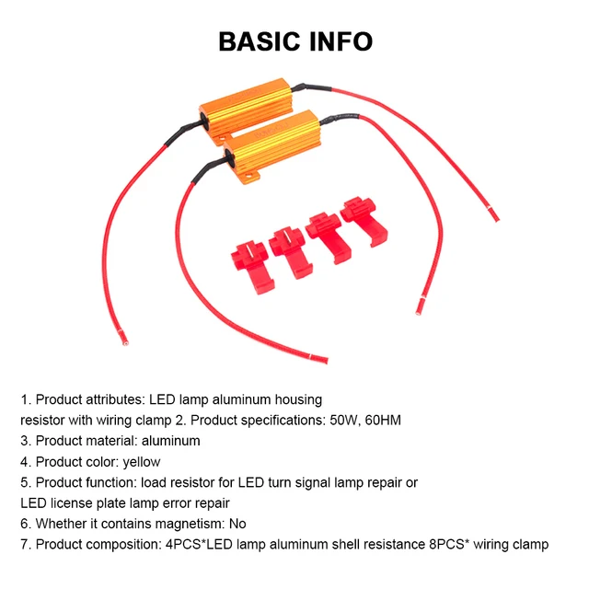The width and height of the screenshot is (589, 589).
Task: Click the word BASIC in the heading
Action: (x=258, y=41)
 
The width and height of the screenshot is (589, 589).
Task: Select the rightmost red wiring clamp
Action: (x=363, y=223)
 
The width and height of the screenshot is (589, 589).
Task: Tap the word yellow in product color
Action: (x=141, y=462)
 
